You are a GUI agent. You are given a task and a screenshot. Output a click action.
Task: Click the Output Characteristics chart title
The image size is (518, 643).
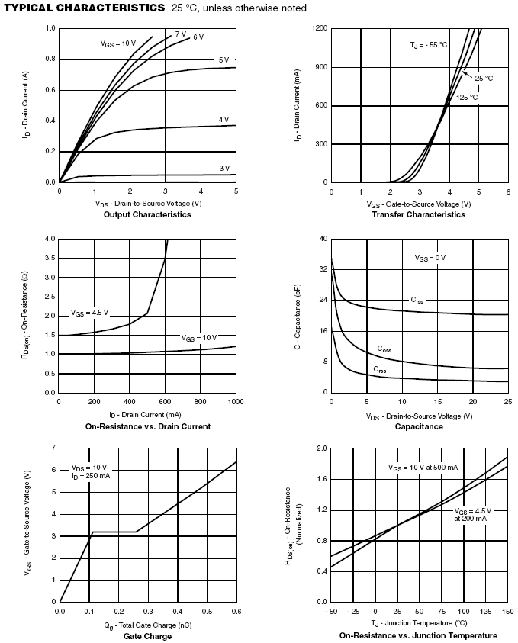coord(148,214)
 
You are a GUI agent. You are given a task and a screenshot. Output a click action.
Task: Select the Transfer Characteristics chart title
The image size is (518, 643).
coord(418,214)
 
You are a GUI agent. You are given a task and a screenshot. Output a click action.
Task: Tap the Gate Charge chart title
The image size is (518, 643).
coord(147,635)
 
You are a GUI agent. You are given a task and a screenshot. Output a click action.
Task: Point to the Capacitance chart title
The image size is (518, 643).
coord(419,426)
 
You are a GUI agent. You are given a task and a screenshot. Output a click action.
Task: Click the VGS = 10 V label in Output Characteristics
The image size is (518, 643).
coord(117,43)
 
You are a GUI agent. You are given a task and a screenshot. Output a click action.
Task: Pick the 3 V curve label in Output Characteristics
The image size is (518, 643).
coord(224,168)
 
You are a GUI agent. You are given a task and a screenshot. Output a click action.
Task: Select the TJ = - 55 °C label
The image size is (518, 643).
coord(428,45)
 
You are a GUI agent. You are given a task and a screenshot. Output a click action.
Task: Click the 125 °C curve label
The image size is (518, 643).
coord(467,98)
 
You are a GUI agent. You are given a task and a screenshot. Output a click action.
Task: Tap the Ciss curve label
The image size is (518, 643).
coord(417,301)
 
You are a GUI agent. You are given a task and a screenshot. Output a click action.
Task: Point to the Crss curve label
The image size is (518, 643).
coord(379,369)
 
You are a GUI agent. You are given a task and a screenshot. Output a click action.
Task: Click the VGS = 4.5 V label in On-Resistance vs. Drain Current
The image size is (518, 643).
coord(89,313)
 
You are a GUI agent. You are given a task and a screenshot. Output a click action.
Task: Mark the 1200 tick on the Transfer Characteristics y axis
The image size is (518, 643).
coord(319,28)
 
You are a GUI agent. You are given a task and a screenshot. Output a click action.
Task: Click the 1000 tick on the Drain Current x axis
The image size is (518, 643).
coord(235,400)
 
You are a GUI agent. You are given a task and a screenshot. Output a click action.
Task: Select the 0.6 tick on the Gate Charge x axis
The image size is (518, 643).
coord(236,611)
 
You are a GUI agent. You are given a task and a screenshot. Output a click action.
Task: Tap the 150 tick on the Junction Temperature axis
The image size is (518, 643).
coord(507,612)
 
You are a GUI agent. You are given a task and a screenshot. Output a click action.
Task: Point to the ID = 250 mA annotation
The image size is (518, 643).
coord(91,476)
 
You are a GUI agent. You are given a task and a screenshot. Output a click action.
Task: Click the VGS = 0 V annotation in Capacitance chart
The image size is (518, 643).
coord(430,258)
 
